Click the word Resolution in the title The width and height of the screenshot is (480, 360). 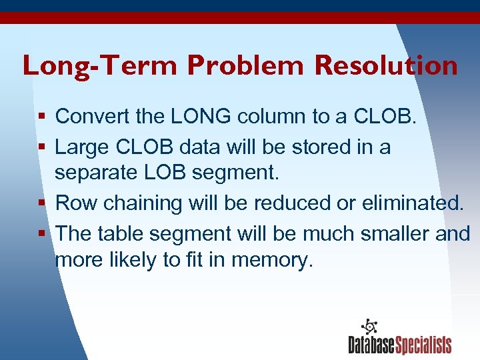click(x=386, y=66)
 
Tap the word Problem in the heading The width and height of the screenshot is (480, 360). click(x=247, y=66)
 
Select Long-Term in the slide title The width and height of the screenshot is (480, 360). click(x=100, y=66)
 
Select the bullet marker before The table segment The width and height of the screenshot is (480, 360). click(x=42, y=233)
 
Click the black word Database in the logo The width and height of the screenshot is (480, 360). click(x=371, y=345)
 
